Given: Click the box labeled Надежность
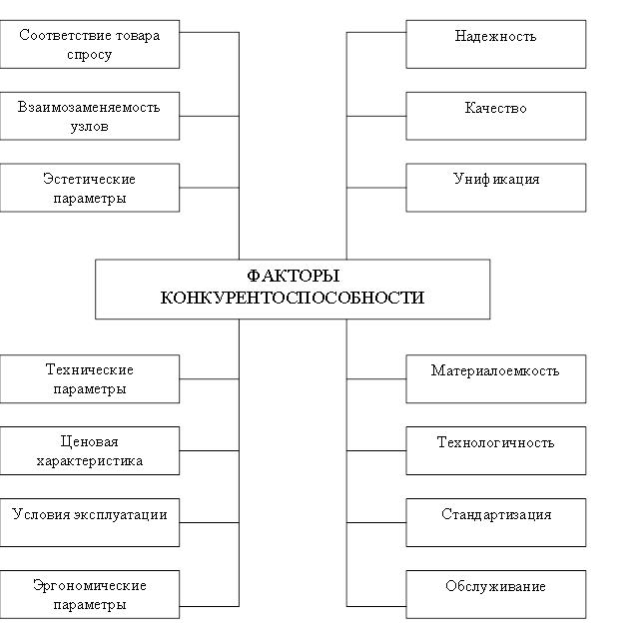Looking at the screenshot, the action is [x=495, y=44].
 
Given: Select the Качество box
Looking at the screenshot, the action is [x=495, y=116].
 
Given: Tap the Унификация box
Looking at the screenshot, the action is [x=495, y=188].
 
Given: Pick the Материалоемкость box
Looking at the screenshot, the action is [x=495, y=379].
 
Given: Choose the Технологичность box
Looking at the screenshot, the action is [x=495, y=450].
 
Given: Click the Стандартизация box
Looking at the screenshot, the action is [x=495, y=522].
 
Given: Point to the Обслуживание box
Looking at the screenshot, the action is [x=495, y=594].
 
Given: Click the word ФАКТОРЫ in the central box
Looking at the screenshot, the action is [x=294, y=276].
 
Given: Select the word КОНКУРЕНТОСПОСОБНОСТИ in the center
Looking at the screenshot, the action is [x=293, y=298].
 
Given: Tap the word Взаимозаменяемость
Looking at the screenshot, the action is [x=89, y=108].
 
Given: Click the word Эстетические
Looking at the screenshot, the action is [x=89, y=179].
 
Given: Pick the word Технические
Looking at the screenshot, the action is [x=90, y=369].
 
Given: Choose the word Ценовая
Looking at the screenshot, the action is [x=90, y=441].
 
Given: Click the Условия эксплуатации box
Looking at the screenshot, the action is [x=90, y=522].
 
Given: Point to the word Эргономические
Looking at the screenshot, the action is [x=90, y=585].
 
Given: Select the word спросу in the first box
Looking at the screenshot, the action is [x=90, y=55].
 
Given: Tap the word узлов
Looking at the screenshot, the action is [x=90, y=126].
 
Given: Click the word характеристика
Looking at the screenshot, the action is [x=90, y=461].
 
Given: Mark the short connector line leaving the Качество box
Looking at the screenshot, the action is [x=376, y=116].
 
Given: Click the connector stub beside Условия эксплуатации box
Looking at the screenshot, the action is [x=209, y=522].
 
